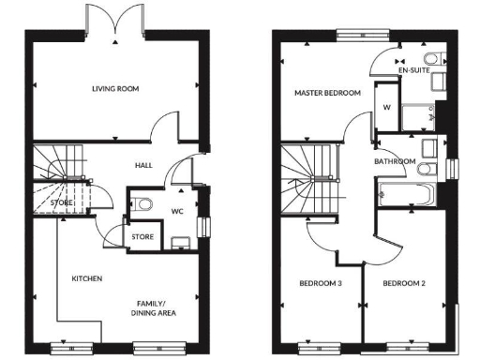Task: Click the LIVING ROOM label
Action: coord(115,89)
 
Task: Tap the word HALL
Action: coord(143,165)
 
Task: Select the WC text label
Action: coord(176,211)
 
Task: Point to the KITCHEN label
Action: coord(86,278)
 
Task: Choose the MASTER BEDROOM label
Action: coord(327,94)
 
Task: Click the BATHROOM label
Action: coord(395,161)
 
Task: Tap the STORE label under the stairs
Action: coord(62,202)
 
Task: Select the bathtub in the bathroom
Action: coord(406,196)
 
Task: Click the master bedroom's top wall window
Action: coord(361,36)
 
